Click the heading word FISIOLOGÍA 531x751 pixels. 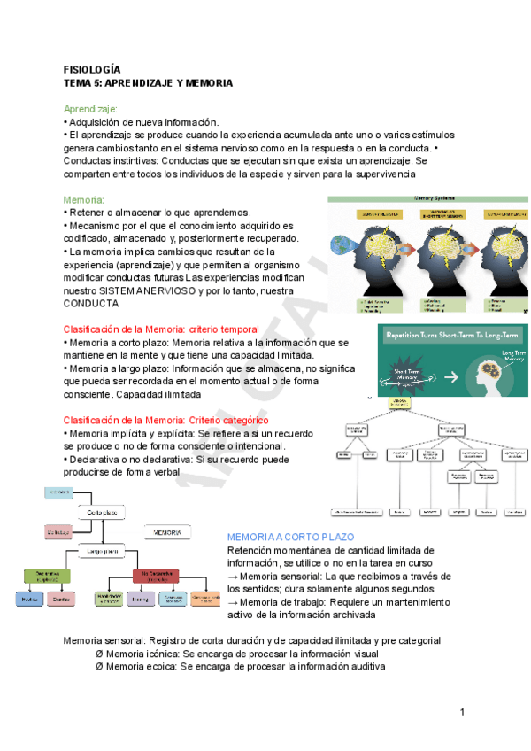pos(92,69)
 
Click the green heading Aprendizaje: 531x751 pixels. pos(91,109)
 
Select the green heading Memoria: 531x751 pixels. pos(84,200)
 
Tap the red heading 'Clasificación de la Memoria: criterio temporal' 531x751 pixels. pos(161,329)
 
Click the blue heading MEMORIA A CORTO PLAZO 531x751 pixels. pos(290,538)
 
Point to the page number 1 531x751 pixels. pos(462,713)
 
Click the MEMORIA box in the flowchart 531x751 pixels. pos(167,533)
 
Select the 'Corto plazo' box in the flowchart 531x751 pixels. pos(104,512)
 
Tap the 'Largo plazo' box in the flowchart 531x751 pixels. pos(104,550)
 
